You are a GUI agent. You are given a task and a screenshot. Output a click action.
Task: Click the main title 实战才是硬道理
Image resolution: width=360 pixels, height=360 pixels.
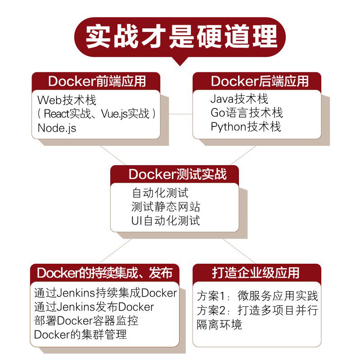(x=181, y=36)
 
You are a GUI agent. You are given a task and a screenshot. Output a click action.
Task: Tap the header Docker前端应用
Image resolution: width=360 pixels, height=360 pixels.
(x=97, y=81)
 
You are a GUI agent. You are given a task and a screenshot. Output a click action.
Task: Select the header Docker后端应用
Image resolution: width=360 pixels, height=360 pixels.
(x=260, y=81)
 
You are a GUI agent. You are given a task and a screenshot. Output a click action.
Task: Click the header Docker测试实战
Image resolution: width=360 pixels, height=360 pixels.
(x=177, y=174)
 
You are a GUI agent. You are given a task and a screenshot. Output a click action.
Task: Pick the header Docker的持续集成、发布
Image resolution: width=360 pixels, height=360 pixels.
(x=105, y=273)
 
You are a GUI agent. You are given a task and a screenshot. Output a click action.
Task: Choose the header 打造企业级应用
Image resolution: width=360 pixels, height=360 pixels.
(x=256, y=273)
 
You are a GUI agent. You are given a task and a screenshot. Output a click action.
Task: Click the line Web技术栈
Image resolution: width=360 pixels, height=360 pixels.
(x=67, y=100)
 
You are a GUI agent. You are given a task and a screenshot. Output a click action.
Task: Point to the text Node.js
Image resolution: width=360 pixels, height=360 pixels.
(x=57, y=128)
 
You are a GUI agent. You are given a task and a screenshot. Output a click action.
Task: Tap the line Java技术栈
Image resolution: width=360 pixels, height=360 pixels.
(x=239, y=99)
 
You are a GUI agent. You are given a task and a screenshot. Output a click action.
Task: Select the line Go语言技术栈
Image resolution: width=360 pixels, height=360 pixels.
(x=247, y=113)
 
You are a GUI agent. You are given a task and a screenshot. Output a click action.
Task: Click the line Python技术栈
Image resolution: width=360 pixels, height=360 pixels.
(x=246, y=127)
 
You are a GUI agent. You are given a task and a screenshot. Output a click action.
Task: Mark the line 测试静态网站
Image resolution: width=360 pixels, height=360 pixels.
(x=166, y=207)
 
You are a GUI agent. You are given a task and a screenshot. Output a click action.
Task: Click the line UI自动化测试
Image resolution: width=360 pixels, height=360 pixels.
(x=166, y=220)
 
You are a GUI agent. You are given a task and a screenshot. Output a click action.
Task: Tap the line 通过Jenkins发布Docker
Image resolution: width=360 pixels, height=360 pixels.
(x=94, y=307)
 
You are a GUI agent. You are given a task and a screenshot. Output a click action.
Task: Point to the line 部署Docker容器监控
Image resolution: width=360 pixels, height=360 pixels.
(x=86, y=321)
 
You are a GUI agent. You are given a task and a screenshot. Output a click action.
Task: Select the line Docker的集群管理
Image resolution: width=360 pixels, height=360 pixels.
(x=81, y=334)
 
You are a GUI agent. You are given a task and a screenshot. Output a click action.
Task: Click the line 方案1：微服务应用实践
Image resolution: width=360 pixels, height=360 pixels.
(x=257, y=296)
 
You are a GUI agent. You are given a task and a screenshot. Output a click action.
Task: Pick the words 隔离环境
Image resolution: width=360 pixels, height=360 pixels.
(x=219, y=324)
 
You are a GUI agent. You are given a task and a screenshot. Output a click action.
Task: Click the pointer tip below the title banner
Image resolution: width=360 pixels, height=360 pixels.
(x=180, y=66)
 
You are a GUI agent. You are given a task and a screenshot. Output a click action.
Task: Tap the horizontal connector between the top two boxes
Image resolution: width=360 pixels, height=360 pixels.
(x=181, y=114)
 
